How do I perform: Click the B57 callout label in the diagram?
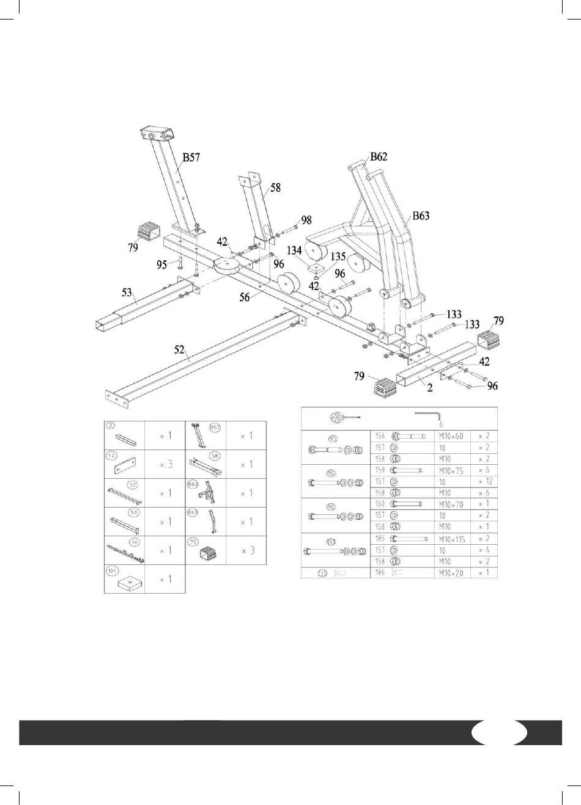tap(191, 158)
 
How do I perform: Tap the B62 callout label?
tap(378, 156)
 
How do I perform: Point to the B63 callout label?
tap(421, 216)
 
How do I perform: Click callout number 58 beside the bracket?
tap(275, 188)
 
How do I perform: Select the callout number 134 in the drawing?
tap(294, 250)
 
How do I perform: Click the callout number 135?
tap(338, 257)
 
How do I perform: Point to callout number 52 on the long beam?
tap(179, 349)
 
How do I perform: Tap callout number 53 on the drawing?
tap(127, 293)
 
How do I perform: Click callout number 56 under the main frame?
tap(245, 297)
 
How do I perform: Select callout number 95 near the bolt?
tap(161, 264)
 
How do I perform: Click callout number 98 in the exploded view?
tap(306, 220)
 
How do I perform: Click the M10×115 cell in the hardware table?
tap(451, 539)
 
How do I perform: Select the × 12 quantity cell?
tap(484, 482)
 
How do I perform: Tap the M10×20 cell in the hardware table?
tap(450, 574)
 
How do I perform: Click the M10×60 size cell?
tap(450, 437)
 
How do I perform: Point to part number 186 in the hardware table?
tap(380, 574)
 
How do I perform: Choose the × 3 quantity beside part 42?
tap(165, 465)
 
